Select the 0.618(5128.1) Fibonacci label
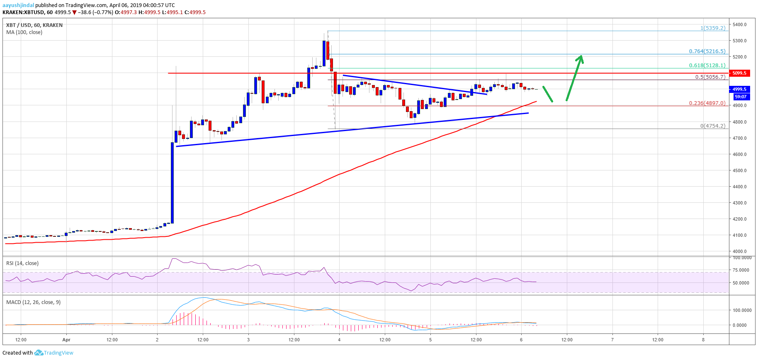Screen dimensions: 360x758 [x=707, y=66]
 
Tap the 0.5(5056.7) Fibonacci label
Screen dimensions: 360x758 [x=710, y=77]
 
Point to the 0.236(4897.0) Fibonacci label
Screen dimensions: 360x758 [x=707, y=103]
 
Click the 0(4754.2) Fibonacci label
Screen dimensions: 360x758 [x=712, y=126]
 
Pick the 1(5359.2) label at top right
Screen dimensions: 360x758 [x=712, y=28]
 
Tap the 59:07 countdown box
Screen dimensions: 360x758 [x=740, y=97]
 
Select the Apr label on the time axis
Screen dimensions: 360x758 [x=66, y=340]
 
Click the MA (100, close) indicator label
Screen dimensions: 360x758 [x=24, y=32]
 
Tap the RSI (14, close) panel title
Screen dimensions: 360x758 [x=22, y=263]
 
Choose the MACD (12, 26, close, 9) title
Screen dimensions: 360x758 [x=33, y=302]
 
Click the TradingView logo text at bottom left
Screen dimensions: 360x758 [x=58, y=353]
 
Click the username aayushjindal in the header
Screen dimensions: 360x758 [x=18, y=5]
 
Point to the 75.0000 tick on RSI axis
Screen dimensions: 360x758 [x=741, y=270]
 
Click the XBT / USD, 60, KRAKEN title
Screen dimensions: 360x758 [x=34, y=25]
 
